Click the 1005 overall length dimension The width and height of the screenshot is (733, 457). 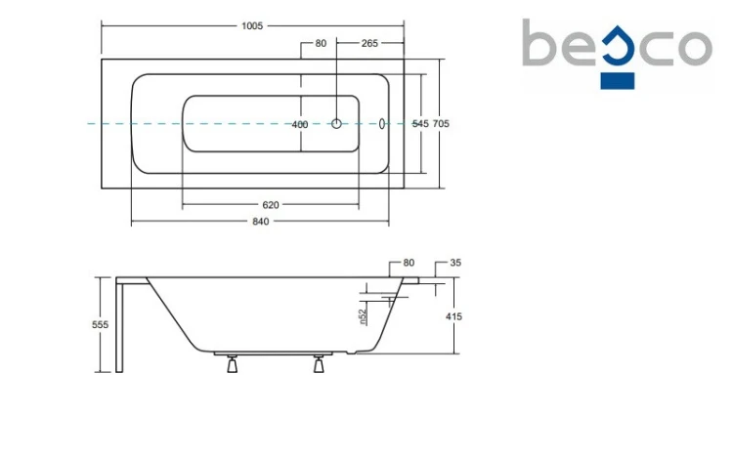[x=252, y=26]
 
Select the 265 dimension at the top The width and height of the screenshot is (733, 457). [x=369, y=44]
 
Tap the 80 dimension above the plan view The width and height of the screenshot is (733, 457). [x=321, y=44]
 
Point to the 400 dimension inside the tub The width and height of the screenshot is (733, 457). [x=300, y=124]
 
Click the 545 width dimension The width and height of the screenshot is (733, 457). [x=420, y=123]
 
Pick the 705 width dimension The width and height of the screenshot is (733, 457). [x=441, y=123]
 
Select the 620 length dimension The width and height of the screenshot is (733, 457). [x=270, y=205]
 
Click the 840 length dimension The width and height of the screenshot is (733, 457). [x=260, y=221]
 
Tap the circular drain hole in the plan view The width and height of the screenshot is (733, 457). [x=336, y=124]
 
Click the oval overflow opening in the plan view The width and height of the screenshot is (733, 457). [x=382, y=123]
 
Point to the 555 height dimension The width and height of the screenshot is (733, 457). [x=100, y=324]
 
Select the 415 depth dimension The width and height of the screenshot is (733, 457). [x=453, y=316]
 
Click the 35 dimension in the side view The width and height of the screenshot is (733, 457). [x=455, y=263]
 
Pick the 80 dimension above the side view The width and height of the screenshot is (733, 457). [x=409, y=263]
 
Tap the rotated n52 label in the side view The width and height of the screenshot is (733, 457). [x=364, y=316]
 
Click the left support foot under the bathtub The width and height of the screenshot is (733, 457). [x=232, y=363]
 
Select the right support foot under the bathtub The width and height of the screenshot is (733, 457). [x=319, y=363]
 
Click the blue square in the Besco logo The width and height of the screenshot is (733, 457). [x=618, y=80]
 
